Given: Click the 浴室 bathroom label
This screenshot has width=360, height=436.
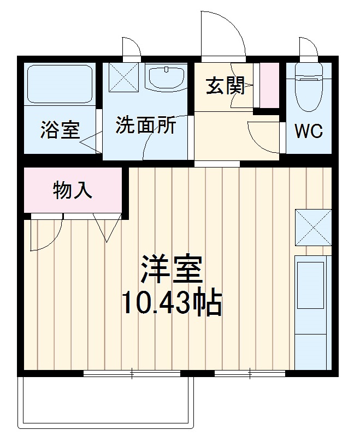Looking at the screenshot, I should [60, 130].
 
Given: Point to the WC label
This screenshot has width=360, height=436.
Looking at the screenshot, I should [309, 131].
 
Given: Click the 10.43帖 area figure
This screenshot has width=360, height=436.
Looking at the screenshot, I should [171, 303].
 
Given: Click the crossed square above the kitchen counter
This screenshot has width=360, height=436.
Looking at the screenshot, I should [313, 228].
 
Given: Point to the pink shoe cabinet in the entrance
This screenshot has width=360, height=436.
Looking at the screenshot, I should [268, 85].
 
